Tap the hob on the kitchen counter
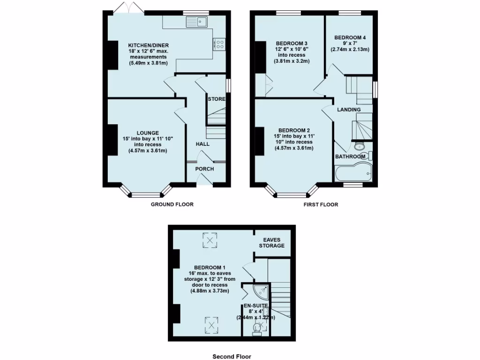pyautogui.click(x=219, y=44)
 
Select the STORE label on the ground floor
pyautogui.click(x=217, y=99)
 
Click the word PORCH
pyautogui.click(x=204, y=169)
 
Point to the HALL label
pyautogui.click(x=203, y=144)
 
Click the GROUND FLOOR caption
pyautogui.click(x=172, y=204)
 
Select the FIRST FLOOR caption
pyautogui.click(x=321, y=204)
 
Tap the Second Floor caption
pyautogui.click(x=232, y=356)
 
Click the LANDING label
pyautogui.click(x=349, y=110)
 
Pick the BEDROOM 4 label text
pyautogui.click(x=349, y=37)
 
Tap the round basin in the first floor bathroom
pyautogui.click(x=360, y=145)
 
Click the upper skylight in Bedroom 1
pyautogui.click(x=210, y=241)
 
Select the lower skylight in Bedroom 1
pyautogui.click(x=210, y=323)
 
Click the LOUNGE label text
pyautogui.click(x=147, y=133)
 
